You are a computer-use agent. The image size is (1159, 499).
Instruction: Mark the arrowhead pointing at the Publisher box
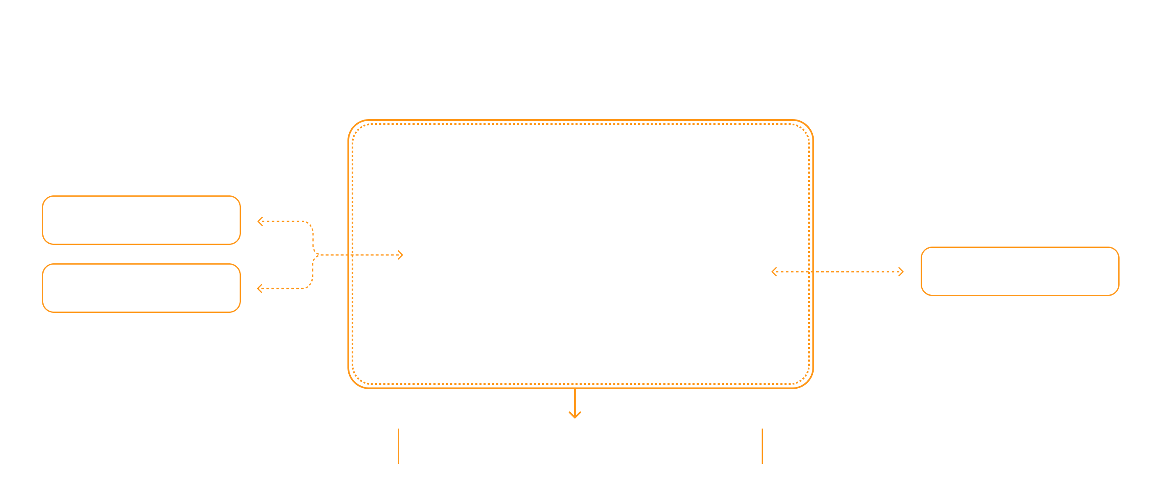click(901, 272)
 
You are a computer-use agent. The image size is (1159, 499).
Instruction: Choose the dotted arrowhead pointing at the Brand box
click(260, 221)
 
